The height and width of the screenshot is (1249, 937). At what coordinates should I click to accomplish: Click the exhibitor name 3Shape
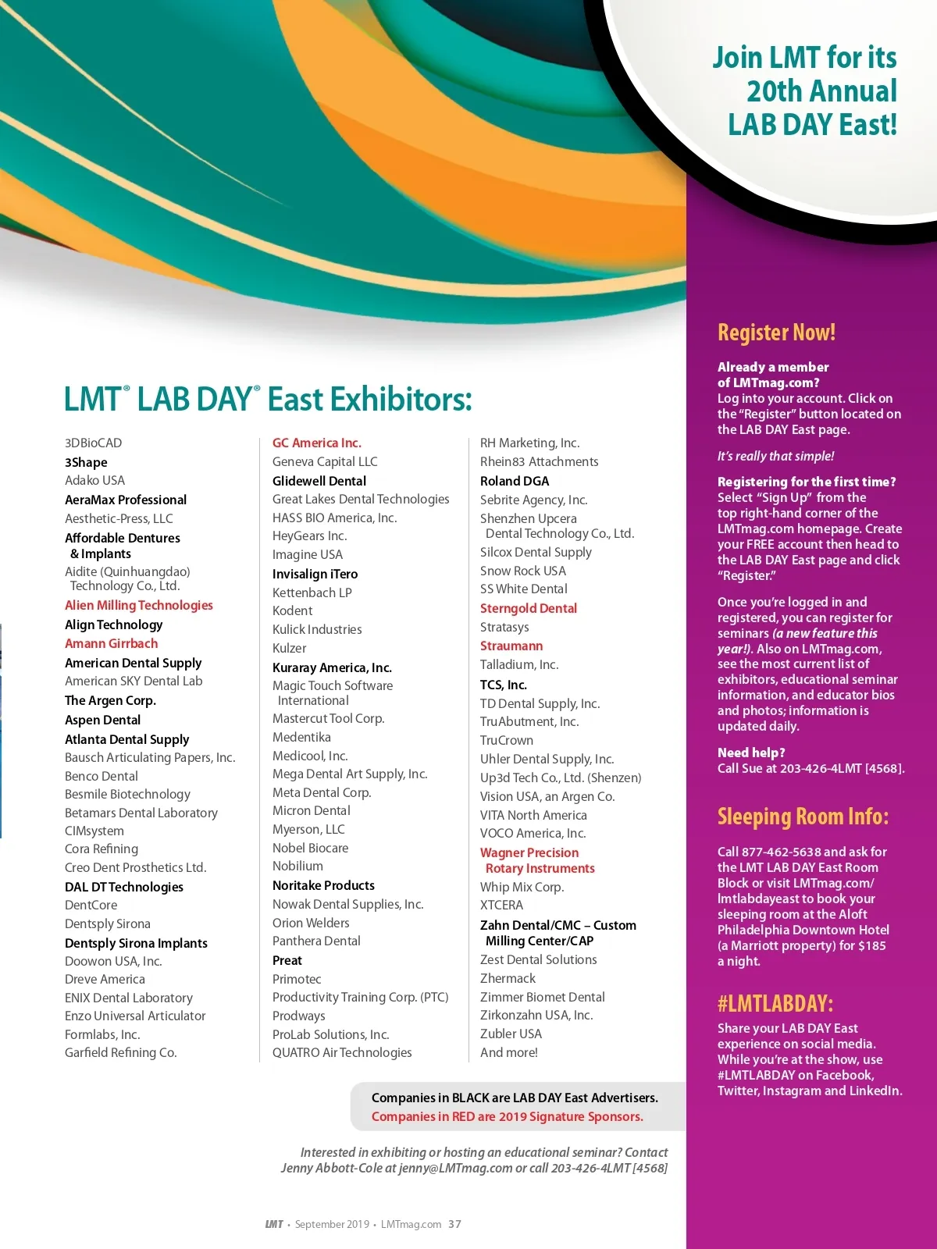click(86, 462)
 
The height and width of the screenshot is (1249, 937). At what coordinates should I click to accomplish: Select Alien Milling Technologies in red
click(139, 605)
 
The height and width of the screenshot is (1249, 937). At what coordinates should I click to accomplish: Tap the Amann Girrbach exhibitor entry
click(112, 643)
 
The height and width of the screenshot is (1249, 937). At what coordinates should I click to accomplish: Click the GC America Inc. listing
click(317, 443)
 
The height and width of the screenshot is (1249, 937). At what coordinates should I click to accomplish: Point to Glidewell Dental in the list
click(319, 481)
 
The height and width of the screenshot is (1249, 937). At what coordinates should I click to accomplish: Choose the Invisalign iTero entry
click(315, 574)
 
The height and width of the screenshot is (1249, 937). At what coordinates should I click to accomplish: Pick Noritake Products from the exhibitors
click(323, 885)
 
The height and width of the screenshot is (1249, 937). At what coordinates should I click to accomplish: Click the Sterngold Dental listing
click(529, 608)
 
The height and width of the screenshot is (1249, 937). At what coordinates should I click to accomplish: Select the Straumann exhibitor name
click(511, 646)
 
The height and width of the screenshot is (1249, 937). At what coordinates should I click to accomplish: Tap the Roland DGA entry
click(515, 481)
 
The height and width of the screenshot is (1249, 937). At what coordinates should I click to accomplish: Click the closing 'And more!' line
click(509, 1052)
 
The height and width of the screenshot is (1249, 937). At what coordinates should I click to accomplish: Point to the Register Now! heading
click(777, 333)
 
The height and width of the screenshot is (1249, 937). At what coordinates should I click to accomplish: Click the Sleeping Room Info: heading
click(803, 817)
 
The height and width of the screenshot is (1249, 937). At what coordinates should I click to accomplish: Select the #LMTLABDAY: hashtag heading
click(775, 1003)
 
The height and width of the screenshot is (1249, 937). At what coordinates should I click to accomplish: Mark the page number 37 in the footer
click(455, 1224)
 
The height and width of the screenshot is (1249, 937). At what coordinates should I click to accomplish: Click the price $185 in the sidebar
click(872, 945)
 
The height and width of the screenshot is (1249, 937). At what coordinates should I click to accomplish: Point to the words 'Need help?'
click(751, 753)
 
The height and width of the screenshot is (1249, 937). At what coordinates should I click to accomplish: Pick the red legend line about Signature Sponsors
click(508, 1116)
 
